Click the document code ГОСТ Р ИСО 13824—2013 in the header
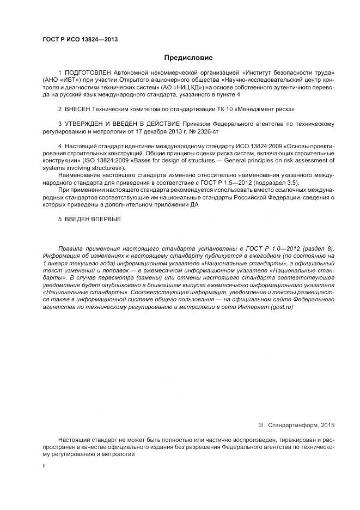[x=80, y=39]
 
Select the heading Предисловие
[x=188, y=58]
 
